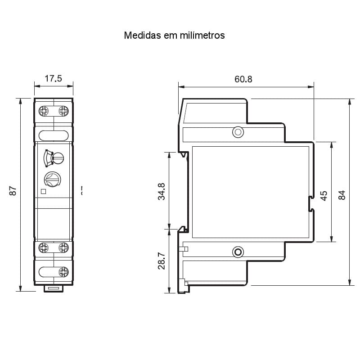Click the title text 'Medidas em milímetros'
174,35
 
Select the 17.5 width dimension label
53,78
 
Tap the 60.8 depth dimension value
243,79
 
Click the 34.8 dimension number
162,191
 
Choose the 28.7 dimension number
162,261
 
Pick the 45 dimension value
323,195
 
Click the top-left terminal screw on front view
44,110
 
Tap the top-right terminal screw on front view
63,110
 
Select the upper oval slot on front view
54,135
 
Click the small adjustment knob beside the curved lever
58,157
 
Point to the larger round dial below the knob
52,179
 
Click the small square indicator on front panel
43,191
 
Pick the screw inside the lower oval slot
63,271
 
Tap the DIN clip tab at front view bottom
54,288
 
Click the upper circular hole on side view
238,132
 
